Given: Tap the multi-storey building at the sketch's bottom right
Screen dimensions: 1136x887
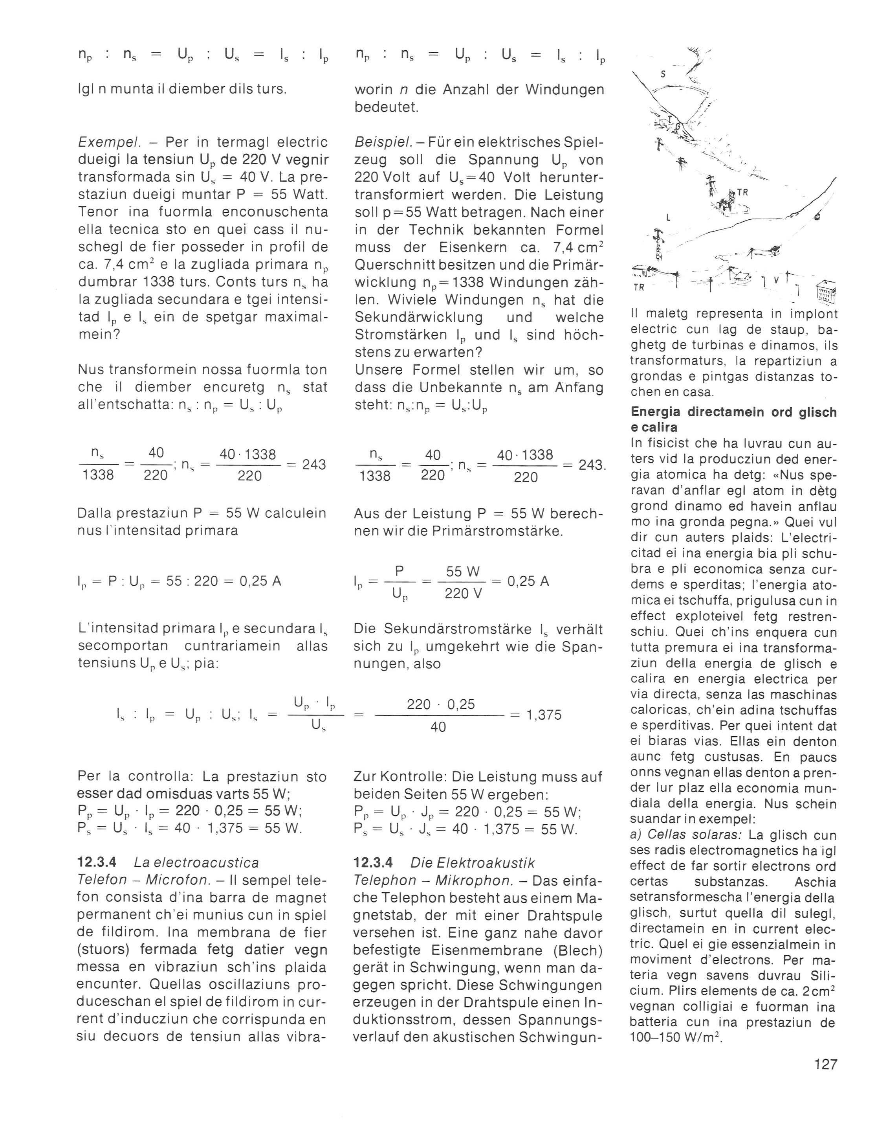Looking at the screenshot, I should point(826,291).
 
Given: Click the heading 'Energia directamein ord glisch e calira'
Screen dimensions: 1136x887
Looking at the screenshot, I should point(733,419).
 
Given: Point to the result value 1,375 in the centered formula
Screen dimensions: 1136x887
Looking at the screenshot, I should point(544,715).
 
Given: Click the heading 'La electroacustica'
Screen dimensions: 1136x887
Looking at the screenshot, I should point(196,862).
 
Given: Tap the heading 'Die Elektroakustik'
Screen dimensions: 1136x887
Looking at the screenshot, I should point(472,862).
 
